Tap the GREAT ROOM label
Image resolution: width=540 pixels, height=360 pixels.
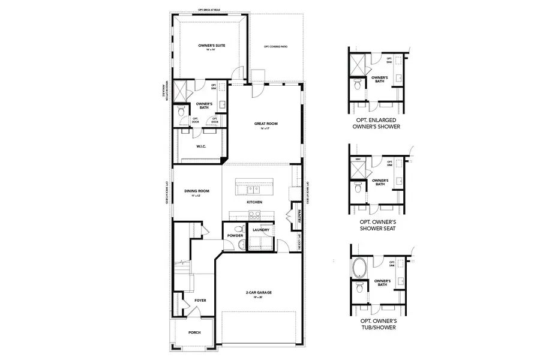click(x=266, y=124)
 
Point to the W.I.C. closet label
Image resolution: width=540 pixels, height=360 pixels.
click(x=202, y=146)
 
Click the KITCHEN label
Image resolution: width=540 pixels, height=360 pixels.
click(x=254, y=202)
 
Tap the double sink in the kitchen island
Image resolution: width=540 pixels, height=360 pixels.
click(x=254, y=190)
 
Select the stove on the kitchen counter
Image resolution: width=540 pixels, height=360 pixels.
click(x=296, y=193)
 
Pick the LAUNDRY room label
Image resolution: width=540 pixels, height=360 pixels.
click(x=260, y=230)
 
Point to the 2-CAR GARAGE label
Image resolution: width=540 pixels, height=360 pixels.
click(x=259, y=292)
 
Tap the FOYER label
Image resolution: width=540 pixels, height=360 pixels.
click(x=200, y=300)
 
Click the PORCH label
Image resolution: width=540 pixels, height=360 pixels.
click(x=194, y=333)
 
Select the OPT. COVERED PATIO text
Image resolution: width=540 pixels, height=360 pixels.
click(x=275, y=46)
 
